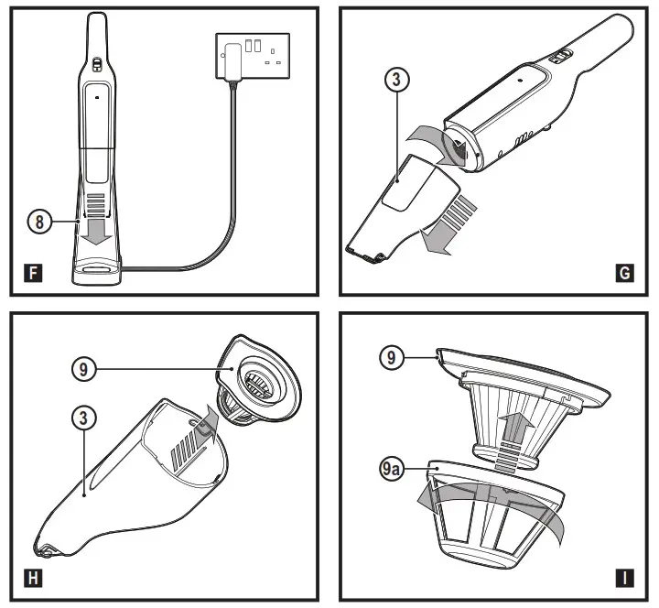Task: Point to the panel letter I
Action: (626, 578)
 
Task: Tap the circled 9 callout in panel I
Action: (391, 357)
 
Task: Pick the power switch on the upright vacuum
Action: (94, 64)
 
